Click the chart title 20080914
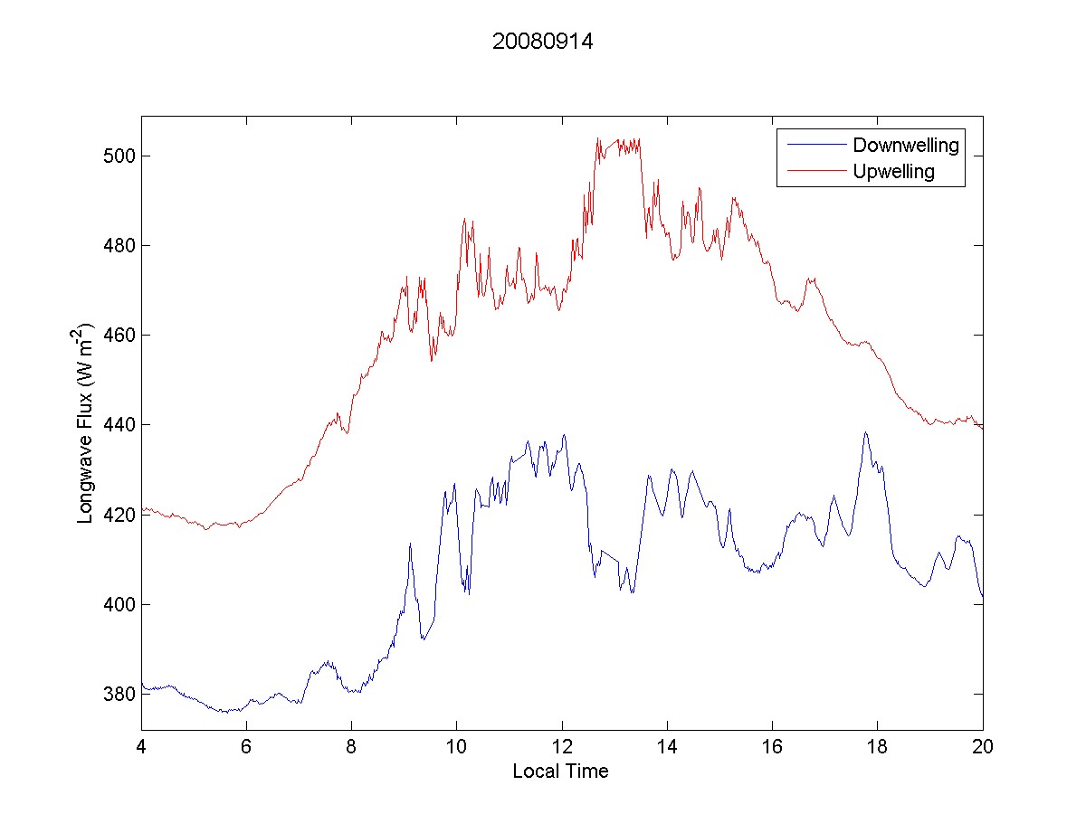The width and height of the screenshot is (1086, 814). [542, 42]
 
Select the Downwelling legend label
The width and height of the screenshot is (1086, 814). [905, 145]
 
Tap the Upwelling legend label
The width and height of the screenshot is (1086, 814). [893, 171]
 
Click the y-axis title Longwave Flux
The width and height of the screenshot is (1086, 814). [86, 423]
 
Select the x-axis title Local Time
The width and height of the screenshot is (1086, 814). [560, 771]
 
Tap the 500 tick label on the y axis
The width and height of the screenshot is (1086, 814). [119, 156]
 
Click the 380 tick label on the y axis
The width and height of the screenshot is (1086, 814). [119, 694]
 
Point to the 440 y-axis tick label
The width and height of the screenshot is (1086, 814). [119, 425]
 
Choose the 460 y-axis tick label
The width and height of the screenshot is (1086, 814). [119, 336]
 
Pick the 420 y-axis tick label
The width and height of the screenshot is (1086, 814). [119, 515]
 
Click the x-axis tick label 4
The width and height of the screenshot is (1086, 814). [142, 748]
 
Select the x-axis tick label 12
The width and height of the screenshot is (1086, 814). [562, 748]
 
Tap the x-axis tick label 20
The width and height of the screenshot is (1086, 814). [983, 748]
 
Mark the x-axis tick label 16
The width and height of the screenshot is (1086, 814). [772, 748]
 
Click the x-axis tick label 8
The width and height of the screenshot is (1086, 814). [352, 748]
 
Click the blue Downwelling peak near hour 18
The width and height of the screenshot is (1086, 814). [865, 433]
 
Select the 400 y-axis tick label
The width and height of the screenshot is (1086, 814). [119, 604]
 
